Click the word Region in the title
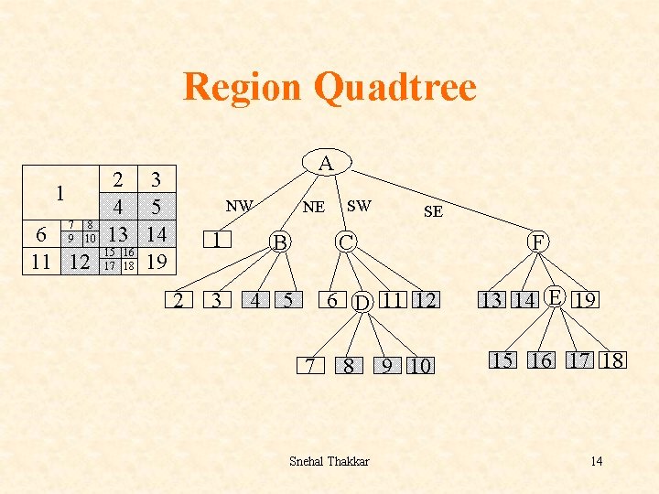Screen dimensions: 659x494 242,88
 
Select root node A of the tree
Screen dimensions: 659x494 326,164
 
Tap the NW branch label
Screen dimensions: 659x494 240,206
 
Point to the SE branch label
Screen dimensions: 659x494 433,211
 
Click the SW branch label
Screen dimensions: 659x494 359,206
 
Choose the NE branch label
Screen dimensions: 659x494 313,207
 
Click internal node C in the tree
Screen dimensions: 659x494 345,242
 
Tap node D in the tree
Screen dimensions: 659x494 362,301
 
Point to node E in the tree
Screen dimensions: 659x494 554,295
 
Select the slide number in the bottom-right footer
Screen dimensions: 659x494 596,460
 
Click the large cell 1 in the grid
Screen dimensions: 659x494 59,193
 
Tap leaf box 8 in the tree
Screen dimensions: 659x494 349,367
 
